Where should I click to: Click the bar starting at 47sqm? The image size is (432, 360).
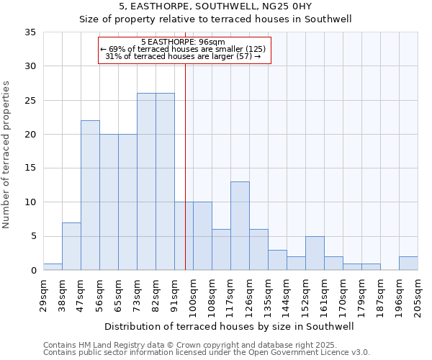90,195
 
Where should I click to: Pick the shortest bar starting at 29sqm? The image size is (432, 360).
53,266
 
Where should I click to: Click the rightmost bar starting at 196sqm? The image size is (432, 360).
408,263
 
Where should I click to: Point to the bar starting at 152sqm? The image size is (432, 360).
315,253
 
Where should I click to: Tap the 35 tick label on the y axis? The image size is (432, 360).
31,32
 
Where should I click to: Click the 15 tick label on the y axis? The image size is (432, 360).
31,168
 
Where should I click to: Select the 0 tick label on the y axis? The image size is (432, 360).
33,271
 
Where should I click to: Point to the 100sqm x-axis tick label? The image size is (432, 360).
193,294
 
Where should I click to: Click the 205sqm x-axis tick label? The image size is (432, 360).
418,294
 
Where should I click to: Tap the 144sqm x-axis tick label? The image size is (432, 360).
287,294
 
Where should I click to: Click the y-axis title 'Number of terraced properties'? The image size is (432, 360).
6,155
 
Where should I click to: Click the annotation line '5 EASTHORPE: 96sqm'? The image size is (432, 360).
183,42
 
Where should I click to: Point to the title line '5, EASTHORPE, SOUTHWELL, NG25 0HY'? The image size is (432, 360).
215,6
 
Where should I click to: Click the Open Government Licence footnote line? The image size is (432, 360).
207,352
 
